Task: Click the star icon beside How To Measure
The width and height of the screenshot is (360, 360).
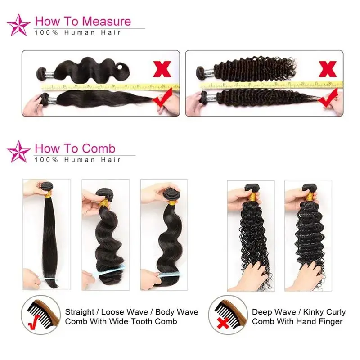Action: tap(18, 25)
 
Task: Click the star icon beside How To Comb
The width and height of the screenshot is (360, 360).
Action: tap(18, 152)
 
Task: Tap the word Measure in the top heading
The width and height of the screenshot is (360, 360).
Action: tap(106, 21)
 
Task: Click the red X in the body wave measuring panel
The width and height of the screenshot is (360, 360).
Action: tap(162, 69)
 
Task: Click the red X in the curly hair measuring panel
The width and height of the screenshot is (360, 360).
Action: tap(328, 69)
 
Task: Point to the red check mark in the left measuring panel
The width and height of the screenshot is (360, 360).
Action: tap(162, 98)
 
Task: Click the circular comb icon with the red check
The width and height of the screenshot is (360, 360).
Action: tap(40, 315)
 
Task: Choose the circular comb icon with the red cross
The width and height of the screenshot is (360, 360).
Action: tap(228, 315)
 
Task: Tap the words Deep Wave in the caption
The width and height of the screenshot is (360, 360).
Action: tap(274, 312)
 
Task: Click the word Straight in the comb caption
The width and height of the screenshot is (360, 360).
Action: tap(80, 312)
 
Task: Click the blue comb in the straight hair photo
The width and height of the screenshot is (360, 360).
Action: tap(48, 279)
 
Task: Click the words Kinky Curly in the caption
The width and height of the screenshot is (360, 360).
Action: tap(324, 312)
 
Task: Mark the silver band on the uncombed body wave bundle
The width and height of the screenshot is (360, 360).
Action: tap(49, 74)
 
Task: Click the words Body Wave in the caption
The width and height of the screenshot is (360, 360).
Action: tap(176, 312)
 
